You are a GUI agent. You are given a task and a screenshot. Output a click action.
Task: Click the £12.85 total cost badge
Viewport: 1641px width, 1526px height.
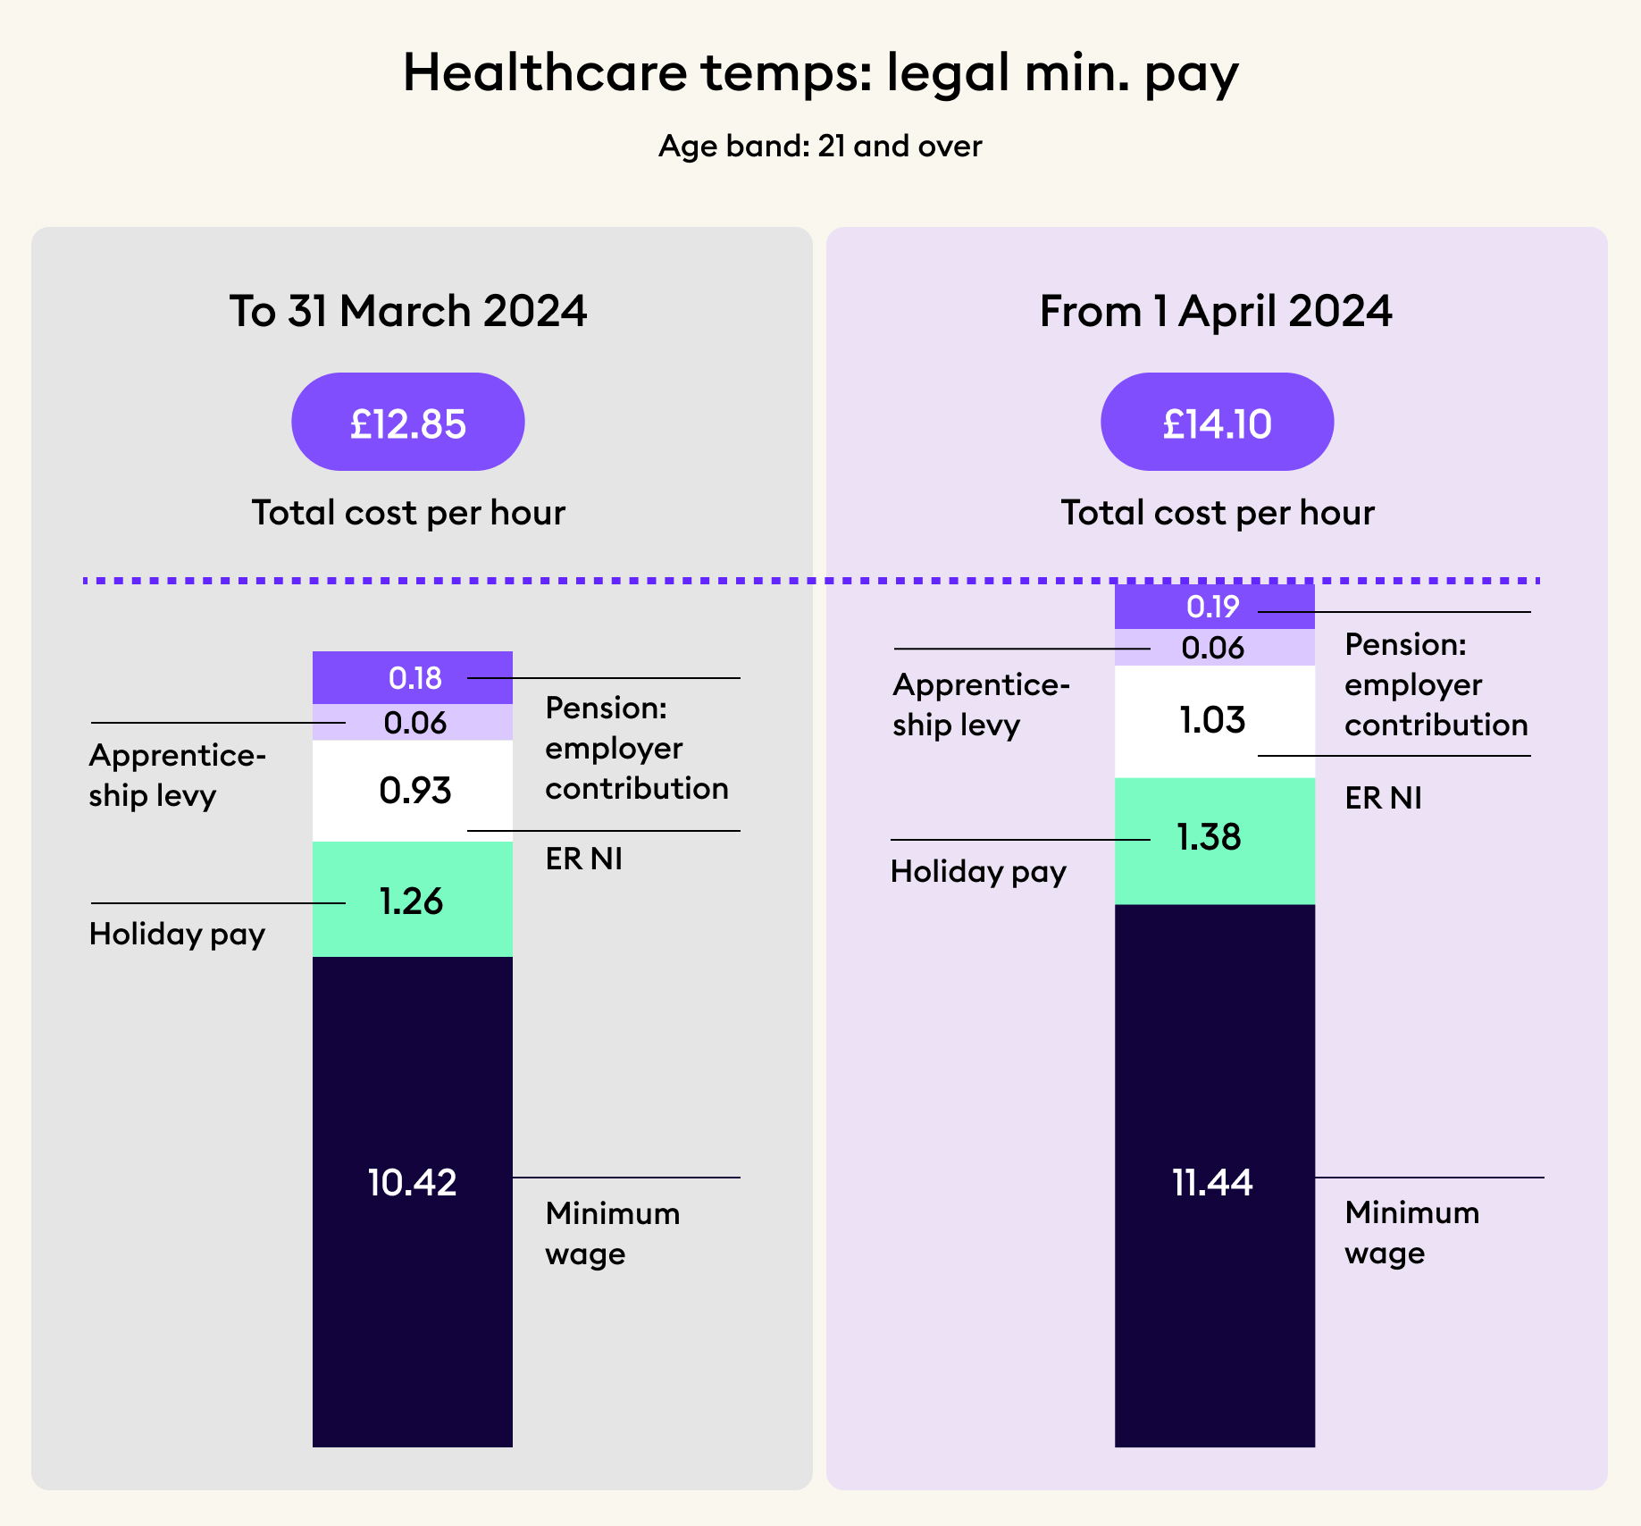coord(407,423)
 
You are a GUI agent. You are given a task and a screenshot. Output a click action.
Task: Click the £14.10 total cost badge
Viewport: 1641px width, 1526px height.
coord(1217,423)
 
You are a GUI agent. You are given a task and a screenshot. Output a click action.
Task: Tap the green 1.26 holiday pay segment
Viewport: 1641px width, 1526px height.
coord(412,900)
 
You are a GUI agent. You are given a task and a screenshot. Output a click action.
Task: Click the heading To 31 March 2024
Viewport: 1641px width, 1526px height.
coord(408,311)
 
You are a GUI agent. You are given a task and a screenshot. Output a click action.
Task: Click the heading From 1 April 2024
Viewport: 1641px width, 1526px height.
coord(1216,311)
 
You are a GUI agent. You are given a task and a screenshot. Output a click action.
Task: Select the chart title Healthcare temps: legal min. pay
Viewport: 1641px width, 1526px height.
coord(820,73)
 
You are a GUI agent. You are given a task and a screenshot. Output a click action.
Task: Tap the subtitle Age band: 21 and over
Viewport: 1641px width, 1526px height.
coord(820,146)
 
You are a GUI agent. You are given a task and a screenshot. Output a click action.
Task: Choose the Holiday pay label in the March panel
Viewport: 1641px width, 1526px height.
coord(177,935)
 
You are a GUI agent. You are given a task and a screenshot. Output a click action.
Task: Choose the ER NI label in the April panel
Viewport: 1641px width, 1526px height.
coord(1383,798)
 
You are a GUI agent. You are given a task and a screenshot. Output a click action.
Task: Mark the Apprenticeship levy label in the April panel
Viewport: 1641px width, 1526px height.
coord(980,704)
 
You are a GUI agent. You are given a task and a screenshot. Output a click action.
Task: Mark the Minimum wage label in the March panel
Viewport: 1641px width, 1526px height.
coord(612,1233)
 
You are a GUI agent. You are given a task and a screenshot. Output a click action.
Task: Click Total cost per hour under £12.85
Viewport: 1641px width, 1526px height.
coord(408,513)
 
